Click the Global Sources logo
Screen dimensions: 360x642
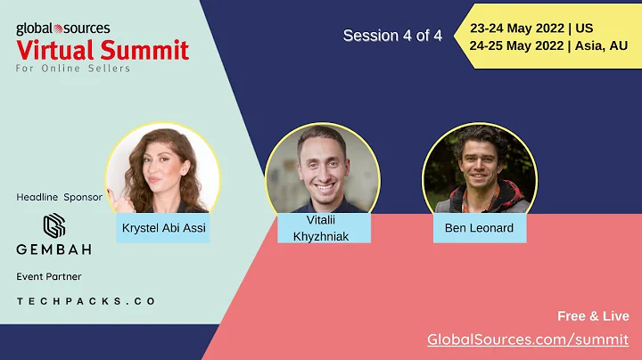(x=62, y=29)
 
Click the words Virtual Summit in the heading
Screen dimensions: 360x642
(x=103, y=50)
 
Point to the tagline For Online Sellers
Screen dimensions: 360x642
(x=73, y=69)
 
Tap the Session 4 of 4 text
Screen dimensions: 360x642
(x=392, y=36)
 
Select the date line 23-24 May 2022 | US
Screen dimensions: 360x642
(x=531, y=29)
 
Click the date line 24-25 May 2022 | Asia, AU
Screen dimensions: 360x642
(x=548, y=46)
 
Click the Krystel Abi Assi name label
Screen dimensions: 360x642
(x=163, y=227)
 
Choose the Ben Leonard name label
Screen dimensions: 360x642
(x=479, y=227)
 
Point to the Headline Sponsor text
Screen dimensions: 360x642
(x=60, y=196)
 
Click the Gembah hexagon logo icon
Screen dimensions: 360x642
(x=55, y=225)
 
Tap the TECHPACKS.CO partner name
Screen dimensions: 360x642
(x=86, y=301)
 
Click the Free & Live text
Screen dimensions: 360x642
(x=592, y=316)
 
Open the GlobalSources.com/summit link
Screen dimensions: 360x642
(x=528, y=340)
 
